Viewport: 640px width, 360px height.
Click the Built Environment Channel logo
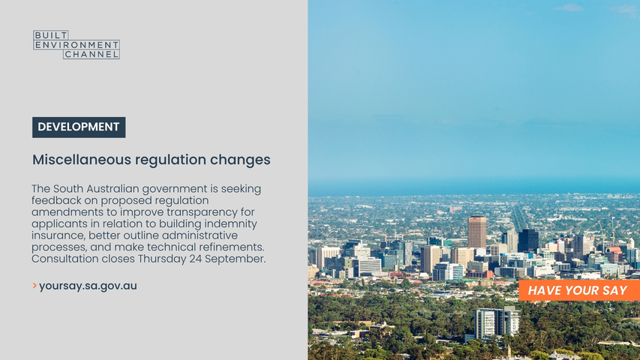77,44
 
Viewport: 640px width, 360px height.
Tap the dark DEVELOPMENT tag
79,127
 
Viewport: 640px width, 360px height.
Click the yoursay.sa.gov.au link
89,286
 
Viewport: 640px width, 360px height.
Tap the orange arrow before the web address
35,286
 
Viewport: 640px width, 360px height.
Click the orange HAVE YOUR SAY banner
579,290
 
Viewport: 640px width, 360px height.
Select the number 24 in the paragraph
196,259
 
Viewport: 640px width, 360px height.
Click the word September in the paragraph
235,259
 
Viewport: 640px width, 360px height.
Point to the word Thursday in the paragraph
162,259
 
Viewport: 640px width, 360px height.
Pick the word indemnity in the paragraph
230,224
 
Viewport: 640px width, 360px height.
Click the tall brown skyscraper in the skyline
476,232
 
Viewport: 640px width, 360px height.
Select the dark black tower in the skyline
528,241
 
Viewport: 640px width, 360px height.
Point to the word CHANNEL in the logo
92,54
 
